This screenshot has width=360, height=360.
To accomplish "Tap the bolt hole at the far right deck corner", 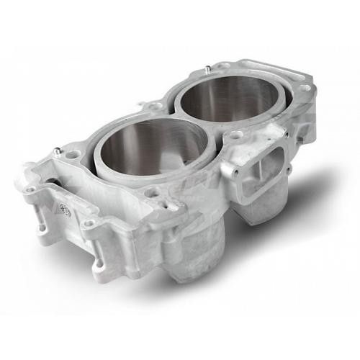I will tap(305, 87).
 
